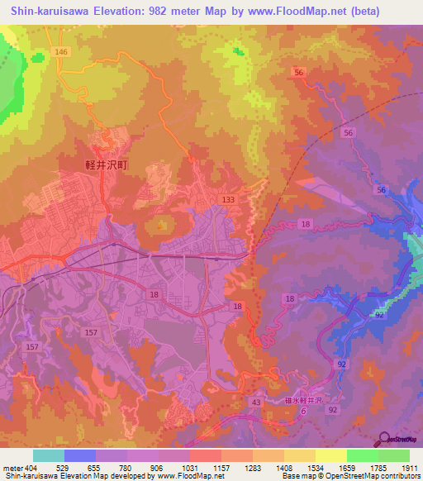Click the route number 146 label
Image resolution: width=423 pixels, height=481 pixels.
click(x=60, y=52)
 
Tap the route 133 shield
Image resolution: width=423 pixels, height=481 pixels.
click(x=229, y=200)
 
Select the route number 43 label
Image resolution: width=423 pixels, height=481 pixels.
click(x=256, y=402)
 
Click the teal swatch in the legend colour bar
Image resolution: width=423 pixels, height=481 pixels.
click(x=49, y=455)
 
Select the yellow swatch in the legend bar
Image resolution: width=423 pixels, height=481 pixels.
click(x=330, y=455)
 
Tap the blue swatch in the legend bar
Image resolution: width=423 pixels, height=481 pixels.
click(x=80, y=455)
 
